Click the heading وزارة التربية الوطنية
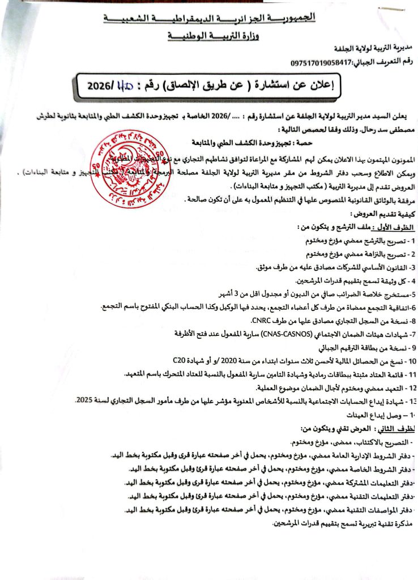210,37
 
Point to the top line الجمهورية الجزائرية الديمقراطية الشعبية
210,19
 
